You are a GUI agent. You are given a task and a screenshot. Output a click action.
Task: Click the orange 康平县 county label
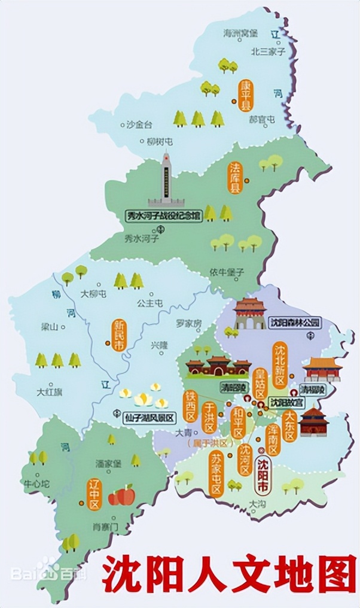[x=246, y=96]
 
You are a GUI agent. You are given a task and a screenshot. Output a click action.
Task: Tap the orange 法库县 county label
[x=235, y=178]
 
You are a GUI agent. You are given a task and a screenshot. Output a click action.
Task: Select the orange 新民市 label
[x=119, y=334]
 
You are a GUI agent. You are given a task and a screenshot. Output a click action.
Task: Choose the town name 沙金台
[x=139, y=124]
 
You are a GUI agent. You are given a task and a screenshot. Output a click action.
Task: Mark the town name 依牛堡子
[x=227, y=272]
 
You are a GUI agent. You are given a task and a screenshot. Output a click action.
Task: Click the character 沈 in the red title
[x=123, y=575]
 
